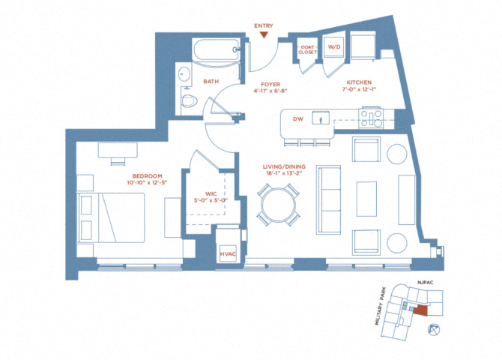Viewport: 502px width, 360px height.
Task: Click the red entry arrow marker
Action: (x=264, y=35)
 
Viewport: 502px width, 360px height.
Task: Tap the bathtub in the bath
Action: (x=216, y=49)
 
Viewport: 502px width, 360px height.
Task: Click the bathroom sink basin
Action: (x=184, y=74)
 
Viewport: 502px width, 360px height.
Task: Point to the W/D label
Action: (x=334, y=46)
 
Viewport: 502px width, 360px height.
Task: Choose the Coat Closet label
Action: (x=308, y=49)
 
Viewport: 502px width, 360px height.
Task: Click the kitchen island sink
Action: (x=321, y=118)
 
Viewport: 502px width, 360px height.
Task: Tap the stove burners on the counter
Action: (x=371, y=118)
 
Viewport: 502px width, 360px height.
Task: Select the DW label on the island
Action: (x=298, y=119)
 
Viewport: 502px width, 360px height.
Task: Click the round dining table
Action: (x=278, y=205)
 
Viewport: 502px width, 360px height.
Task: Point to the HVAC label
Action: (x=228, y=254)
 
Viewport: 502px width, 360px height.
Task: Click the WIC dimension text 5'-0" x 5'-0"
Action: (x=211, y=200)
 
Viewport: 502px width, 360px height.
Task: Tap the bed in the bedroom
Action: (x=111, y=217)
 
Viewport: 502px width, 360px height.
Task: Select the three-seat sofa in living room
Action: (x=328, y=199)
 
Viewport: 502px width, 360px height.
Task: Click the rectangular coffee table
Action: (x=366, y=199)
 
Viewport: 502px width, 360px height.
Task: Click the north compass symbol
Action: (x=434, y=329)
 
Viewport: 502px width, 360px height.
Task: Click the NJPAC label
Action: (x=425, y=283)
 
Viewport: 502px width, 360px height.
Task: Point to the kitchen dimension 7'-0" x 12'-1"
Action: (x=359, y=89)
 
